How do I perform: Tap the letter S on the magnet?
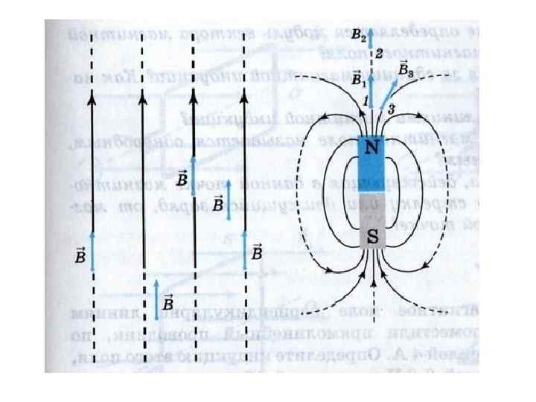(x=371, y=237)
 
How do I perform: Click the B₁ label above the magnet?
(x=358, y=77)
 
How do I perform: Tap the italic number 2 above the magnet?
(x=379, y=53)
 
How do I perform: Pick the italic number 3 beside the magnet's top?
(x=392, y=109)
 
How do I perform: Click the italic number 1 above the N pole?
(x=365, y=99)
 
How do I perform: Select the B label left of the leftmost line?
(x=80, y=255)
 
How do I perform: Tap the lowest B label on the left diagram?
(x=167, y=303)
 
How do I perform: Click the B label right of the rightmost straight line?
(x=256, y=253)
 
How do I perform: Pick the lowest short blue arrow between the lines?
(x=155, y=297)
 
